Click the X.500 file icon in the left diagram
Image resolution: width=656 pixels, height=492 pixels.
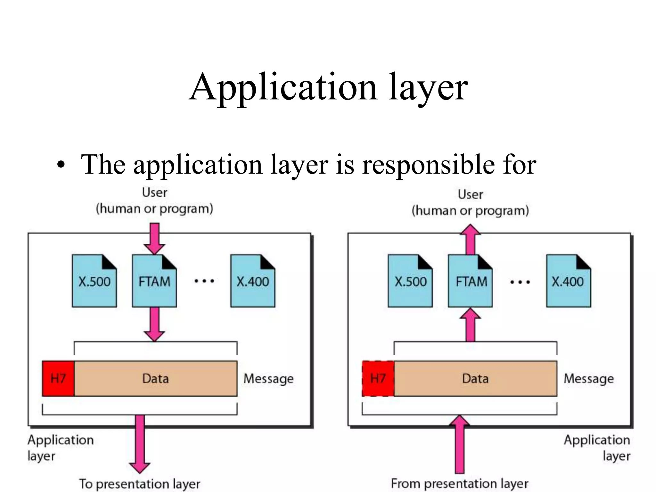[94, 281]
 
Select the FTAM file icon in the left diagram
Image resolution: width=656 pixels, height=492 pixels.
[154, 281]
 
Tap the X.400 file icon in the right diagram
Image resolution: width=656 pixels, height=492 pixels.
[568, 281]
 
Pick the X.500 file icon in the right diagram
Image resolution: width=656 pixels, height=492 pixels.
[410, 281]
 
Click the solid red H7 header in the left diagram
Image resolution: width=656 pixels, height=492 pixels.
[58, 379]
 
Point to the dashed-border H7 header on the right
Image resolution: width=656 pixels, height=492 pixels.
[378, 379]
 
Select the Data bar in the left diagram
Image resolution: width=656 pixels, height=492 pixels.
[156, 379]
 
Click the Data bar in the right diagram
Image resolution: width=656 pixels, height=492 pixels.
[475, 379]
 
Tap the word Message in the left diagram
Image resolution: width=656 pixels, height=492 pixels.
[268, 379]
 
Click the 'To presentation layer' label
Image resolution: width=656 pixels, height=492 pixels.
[140, 484]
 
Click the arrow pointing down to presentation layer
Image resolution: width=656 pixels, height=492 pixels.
[140, 445]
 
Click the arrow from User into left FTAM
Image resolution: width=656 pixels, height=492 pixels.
[154, 239]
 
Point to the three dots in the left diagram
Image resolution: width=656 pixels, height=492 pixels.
[204, 281]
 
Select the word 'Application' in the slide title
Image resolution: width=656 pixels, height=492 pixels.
[283, 87]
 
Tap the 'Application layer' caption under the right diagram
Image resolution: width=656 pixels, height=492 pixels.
[597, 448]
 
